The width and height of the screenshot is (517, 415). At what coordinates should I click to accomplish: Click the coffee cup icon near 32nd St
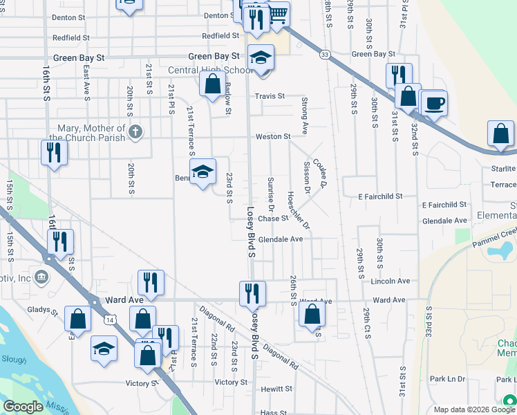point(433,104)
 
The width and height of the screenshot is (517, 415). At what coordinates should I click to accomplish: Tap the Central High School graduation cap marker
point(261,57)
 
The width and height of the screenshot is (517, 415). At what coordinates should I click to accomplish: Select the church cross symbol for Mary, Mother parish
point(136,131)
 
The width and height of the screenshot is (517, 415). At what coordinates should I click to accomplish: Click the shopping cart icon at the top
point(277,14)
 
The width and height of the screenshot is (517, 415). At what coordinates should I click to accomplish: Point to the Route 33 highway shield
point(325,54)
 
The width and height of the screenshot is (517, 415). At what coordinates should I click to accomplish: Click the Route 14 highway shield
point(110,320)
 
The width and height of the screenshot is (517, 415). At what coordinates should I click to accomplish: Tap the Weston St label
point(273,137)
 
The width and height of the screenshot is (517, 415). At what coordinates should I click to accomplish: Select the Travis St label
point(270,96)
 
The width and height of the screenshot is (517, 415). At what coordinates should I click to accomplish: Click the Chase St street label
point(273,219)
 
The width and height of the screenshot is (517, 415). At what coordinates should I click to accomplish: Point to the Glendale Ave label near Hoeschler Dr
point(281,239)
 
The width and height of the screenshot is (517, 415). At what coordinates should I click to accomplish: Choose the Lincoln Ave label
point(391,282)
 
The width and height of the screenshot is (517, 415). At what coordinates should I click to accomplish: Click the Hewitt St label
point(278,389)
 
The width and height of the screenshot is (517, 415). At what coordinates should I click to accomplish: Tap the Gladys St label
point(43,311)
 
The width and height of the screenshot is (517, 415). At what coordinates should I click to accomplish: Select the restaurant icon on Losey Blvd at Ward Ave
point(252,293)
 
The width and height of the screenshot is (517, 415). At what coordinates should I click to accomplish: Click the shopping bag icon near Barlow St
point(211,84)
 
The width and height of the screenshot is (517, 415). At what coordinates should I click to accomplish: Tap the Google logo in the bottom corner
point(23,407)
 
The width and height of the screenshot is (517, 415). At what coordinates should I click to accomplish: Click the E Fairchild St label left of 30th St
point(380,197)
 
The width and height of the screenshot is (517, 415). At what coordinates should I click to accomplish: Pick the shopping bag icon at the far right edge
point(500,134)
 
